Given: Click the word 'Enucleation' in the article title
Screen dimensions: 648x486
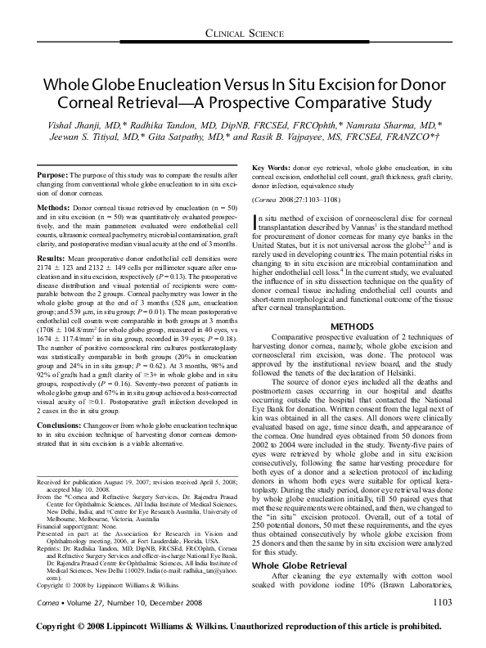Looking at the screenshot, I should tap(205, 85).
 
